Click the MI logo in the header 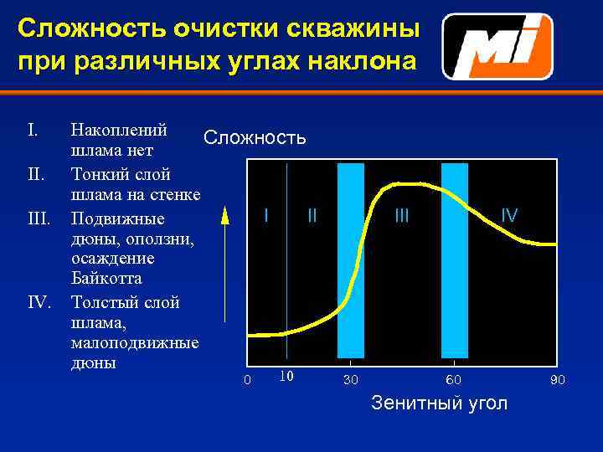[497, 47]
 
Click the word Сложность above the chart [255, 137]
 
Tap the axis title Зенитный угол [439, 403]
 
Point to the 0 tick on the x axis [246, 381]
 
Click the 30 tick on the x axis [351, 381]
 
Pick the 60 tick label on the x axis [453, 381]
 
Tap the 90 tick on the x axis [557, 381]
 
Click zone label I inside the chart [266, 215]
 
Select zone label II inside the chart [312, 215]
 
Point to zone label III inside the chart [402, 215]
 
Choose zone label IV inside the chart [509, 215]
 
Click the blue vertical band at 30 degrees [351, 259]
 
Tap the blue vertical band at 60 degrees [454, 259]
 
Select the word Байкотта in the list [106, 279]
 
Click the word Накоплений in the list [120, 130]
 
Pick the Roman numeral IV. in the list [40, 300]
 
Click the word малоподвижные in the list [134, 343]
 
